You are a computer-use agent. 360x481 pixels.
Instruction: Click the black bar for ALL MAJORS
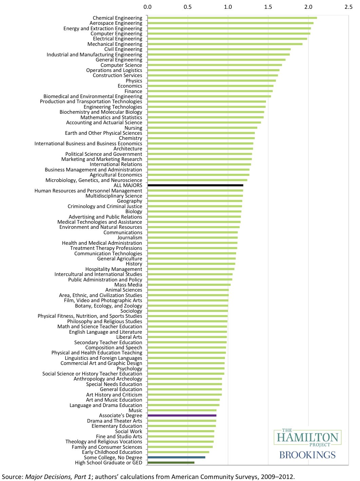pyautogui.click(x=195, y=185)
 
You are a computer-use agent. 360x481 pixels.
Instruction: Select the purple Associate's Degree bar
pyautogui.click(x=182, y=415)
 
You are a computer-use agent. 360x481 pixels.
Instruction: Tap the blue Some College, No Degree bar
pyautogui.click(x=176, y=457)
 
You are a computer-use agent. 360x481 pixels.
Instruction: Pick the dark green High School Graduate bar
pyautogui.click(x=171, y=463)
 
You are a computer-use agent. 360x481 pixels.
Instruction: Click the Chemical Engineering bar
pyautogui.click(x=232, y=18)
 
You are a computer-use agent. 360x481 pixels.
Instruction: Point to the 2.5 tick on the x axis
pyautogui.click(x=348, y=7)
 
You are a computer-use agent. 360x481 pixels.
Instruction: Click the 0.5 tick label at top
pyautogui.click(x=188, y=7)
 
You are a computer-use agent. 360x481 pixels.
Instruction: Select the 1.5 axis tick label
pyautogui.click(x=268, y=7)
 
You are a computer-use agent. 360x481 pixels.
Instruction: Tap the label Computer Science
pyautogui.click(x=121, y=65)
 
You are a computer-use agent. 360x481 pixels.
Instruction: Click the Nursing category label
pyautogui.click(x=133, y=128)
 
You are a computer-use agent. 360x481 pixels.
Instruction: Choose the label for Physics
pyautogui.click(x=134, y=81)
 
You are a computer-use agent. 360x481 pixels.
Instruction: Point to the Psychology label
pyautogui.click(x=129, y=369)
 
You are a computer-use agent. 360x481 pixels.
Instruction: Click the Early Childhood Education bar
pyautogui.click(x=178, y=452)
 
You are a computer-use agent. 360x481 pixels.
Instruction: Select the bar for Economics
pyautogui.click(x=210, y=86)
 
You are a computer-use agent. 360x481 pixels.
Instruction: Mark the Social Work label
pyautogui.click(x=129, y=431)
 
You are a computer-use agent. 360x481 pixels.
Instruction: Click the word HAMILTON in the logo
pyautogui.click(x=307, y=437)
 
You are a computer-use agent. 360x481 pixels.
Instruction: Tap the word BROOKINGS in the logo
pyautogui.click(x=307, y=455)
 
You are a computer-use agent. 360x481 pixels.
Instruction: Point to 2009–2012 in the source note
pyautogui.click(x=278, y=477)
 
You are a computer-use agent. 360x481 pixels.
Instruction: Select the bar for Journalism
pyautogui.click(x=192, y=238)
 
